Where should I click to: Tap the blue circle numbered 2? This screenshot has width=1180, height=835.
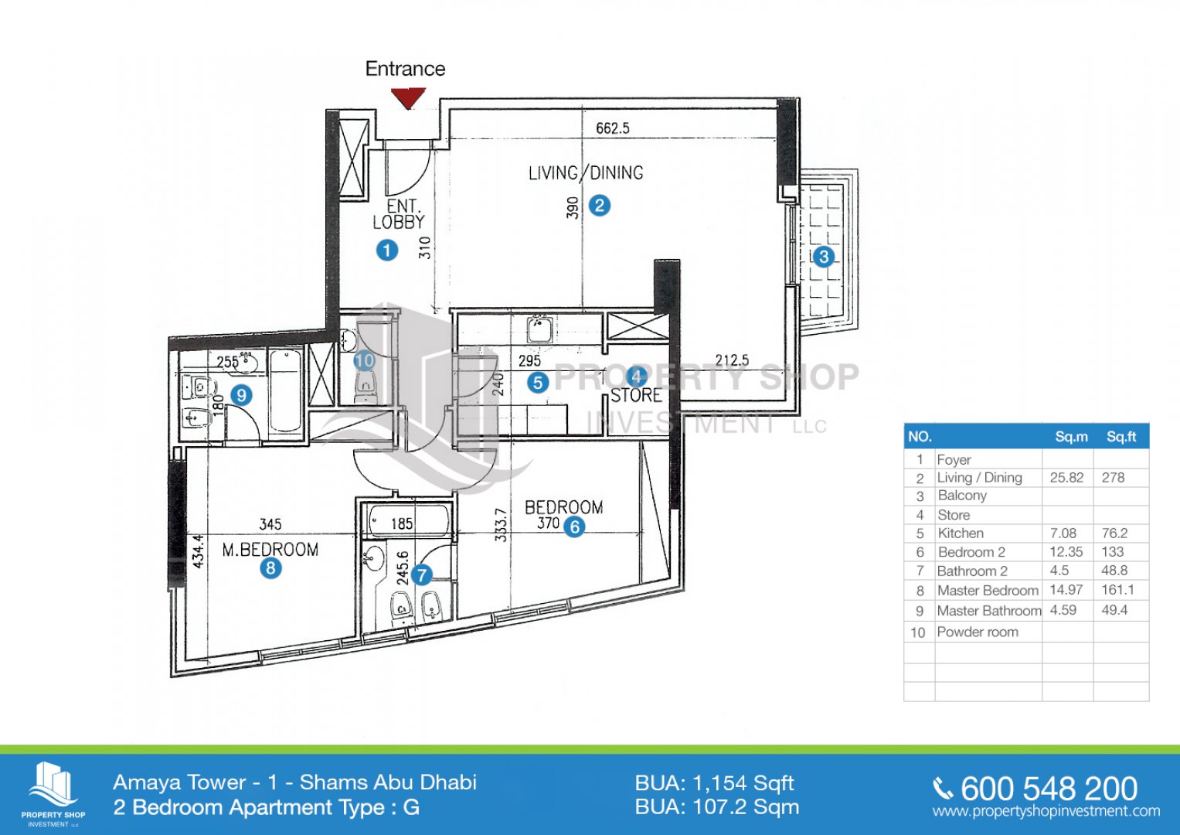point(600,205)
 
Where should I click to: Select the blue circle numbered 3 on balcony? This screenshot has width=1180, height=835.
point(823,257)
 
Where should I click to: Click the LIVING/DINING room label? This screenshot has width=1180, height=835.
point(586,173)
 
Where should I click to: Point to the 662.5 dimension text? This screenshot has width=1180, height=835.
point(613,128)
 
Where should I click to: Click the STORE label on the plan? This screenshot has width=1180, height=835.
point(636,395)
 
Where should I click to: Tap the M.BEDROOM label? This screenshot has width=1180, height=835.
point(270,550)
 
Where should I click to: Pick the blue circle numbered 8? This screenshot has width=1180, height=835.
point(270,568)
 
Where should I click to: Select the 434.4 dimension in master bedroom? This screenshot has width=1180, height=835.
point(198,550)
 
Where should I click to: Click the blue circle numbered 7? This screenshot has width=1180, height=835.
point(421,575)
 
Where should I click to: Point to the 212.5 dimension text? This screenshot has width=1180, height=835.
point(732,360)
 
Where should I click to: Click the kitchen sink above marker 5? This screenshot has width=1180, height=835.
point(539,329)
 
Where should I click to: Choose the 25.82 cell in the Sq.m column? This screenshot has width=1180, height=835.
point(1066,478)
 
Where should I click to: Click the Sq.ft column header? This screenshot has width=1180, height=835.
point(1121,437)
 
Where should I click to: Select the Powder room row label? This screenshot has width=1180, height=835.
point(978,632)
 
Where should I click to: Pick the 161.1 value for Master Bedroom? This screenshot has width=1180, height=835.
point(1118,589)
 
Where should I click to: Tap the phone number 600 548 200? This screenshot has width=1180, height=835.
point(1049,789)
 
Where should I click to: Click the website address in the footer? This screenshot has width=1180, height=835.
point(1046,811)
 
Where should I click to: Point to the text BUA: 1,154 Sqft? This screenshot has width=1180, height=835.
point(714,783)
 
